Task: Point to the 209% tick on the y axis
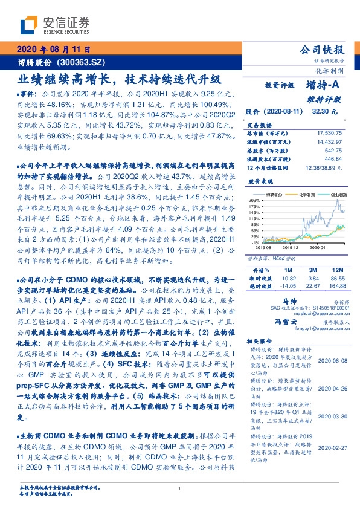pos(254,200)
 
